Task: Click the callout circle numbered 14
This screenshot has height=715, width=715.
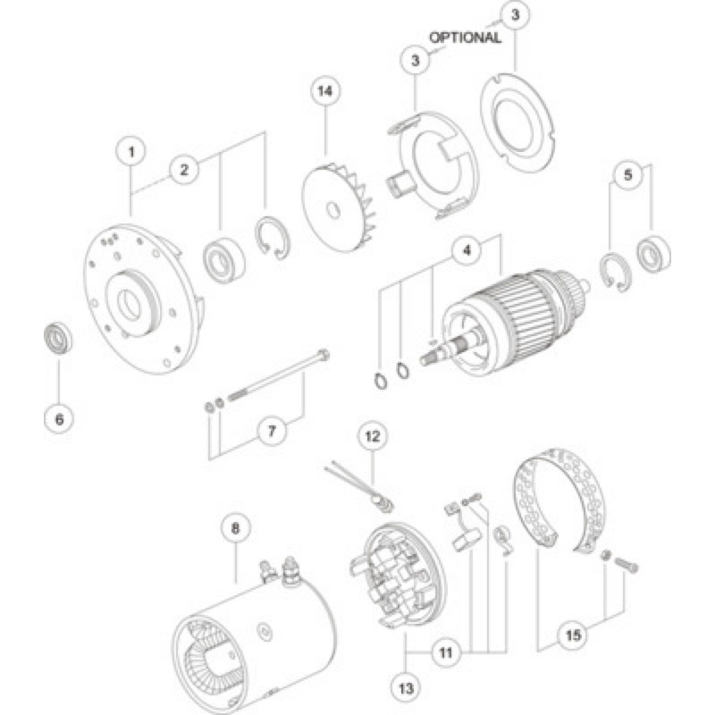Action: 325,91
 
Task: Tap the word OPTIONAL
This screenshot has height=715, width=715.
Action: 465,38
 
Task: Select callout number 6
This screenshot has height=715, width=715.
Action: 59,419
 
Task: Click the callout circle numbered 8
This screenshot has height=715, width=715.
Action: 235,528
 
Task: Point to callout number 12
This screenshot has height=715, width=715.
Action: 373,436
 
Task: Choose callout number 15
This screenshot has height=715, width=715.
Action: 573,635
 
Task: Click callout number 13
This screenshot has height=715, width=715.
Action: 406,688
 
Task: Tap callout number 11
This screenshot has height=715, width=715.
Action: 445,653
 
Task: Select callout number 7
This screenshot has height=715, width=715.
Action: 272,431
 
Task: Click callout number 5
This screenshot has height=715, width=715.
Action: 628,174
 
